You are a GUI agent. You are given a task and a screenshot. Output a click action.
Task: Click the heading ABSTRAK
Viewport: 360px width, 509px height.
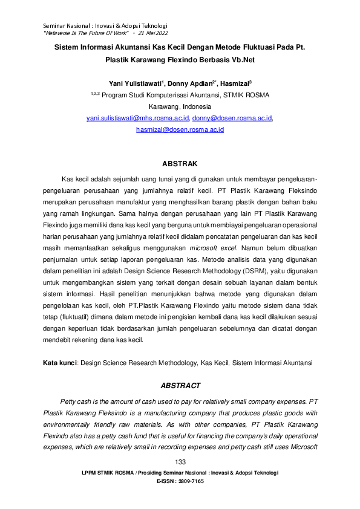[180, 163]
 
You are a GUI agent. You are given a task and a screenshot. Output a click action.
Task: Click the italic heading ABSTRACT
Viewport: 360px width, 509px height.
[180, 385]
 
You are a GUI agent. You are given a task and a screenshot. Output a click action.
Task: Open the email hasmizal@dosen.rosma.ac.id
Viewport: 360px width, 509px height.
[180, 129]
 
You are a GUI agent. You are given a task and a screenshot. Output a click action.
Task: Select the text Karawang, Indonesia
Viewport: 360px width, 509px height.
[180, 106]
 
